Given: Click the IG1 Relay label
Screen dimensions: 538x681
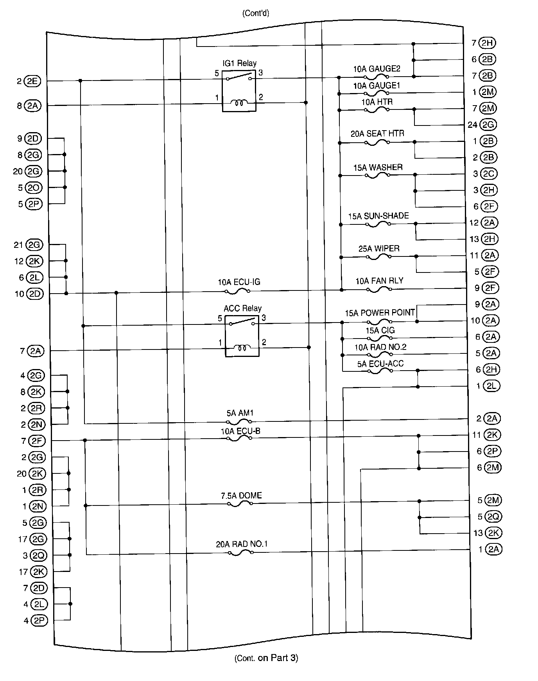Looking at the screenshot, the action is [239, 63].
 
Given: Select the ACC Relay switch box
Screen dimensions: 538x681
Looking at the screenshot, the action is [242, 336].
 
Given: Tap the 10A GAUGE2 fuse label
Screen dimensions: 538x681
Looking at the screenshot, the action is [377, 69].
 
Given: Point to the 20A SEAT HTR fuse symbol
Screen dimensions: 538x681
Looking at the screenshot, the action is [377, 143].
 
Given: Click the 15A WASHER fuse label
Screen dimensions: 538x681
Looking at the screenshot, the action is [378, 167].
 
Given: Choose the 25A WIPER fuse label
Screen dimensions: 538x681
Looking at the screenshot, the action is [379, 249].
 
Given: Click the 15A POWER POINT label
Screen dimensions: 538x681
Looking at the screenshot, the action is [379, 313].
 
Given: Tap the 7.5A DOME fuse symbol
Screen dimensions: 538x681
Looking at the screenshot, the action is [240, 504].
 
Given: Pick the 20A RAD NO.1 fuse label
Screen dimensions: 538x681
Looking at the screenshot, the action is [242, 544].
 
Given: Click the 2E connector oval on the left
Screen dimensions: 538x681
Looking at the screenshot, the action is [32, 81].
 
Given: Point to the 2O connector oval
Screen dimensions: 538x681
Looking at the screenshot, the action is [33, 188].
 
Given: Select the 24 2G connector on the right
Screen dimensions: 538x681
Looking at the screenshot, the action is [488, 125].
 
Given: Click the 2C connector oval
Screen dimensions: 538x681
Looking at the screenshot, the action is [488, 174].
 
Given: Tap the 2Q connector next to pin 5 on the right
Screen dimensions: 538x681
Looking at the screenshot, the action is [493, 516].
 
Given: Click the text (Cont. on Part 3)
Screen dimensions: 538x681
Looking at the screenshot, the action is [266, 658].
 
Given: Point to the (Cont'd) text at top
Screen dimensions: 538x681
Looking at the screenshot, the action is [256, 13].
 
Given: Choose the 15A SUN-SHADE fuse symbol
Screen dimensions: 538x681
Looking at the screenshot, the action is [378, 224].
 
